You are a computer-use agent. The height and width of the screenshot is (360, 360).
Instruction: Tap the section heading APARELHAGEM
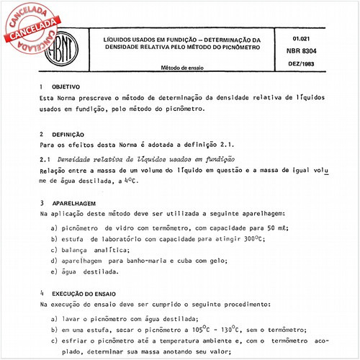pyautogui.click(x=75, y=204)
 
